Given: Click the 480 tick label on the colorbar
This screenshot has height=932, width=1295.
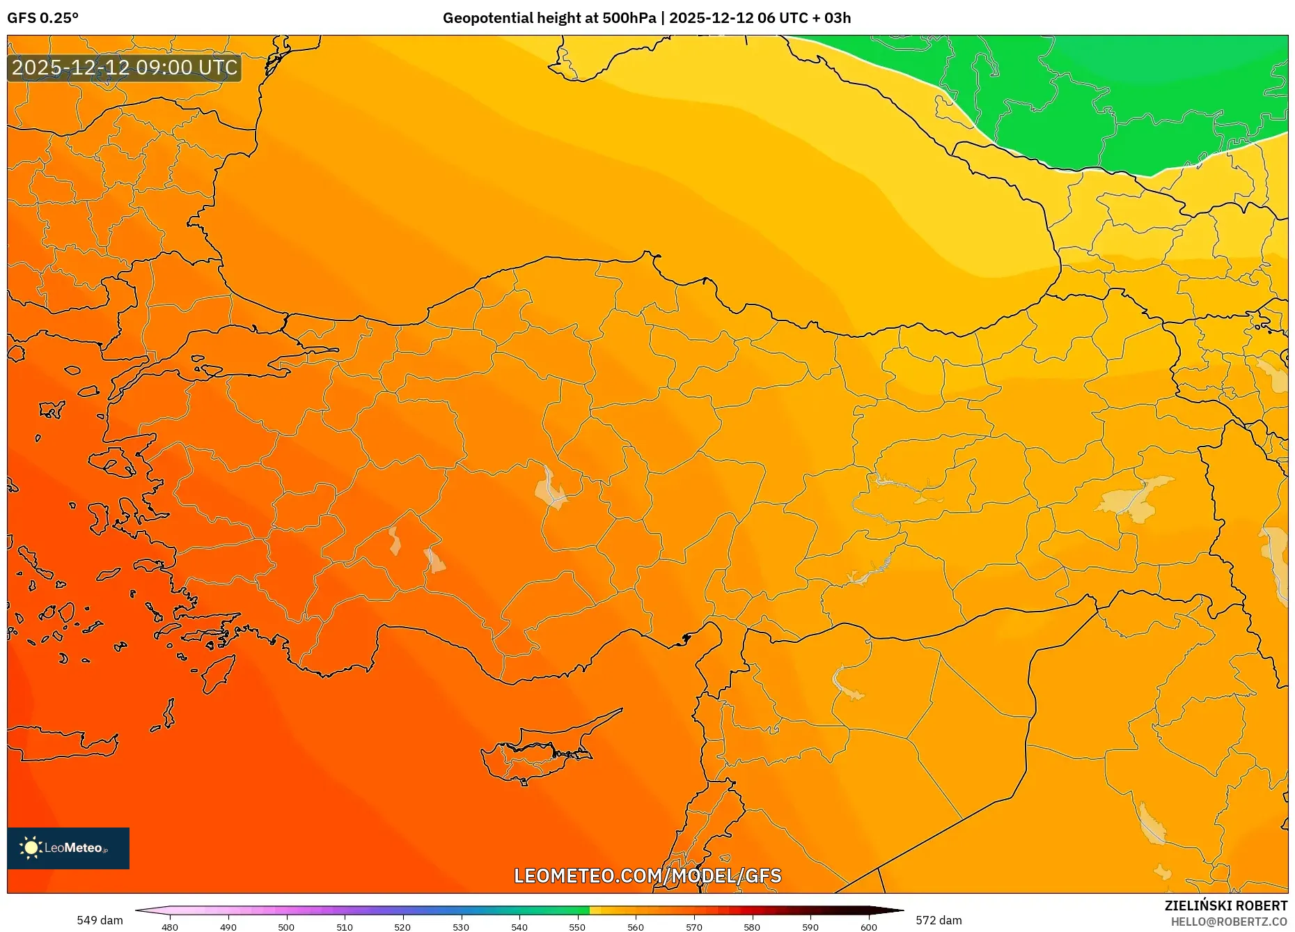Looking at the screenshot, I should click(170, 926).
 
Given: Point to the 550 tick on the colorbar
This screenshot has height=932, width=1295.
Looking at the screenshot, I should click(577, 926).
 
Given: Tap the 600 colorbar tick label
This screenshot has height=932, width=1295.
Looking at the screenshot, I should click(868, 926).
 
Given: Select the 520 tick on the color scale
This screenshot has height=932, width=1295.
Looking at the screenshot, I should click(402, 926).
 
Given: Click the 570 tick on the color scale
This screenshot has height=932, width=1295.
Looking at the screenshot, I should click(693, 926).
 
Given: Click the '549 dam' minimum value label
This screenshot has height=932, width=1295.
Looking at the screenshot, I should click(100, 920).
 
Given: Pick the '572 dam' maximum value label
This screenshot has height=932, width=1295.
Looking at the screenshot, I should click(939, 920).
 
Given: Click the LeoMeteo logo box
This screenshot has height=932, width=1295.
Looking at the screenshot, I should click(68, 848).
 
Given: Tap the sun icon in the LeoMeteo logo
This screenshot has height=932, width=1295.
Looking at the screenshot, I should click(31, 848).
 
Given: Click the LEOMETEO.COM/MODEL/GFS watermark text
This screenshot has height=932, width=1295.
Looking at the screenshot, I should click(647, 876).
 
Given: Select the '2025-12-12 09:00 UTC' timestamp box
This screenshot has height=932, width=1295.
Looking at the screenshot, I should click(125, 68).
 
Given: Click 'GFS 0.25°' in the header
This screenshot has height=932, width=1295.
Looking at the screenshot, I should click(42, 18).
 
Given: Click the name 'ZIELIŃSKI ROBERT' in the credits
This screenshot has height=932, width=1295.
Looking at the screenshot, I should click(1225, 906).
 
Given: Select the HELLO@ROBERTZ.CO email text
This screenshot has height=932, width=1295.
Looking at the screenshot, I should click(1229, 922).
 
